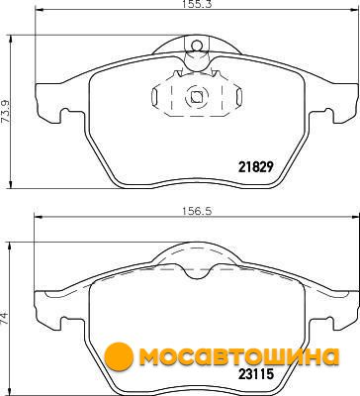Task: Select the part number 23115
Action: pos(256,374)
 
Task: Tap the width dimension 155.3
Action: pos(197,4)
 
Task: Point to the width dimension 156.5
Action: pos(197,211)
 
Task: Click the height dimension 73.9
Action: pos(6,112)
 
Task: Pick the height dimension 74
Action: pos(5,320)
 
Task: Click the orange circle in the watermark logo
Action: pos(119,356)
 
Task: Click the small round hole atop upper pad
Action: pos(197,45)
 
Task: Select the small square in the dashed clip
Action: pos(197,97)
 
